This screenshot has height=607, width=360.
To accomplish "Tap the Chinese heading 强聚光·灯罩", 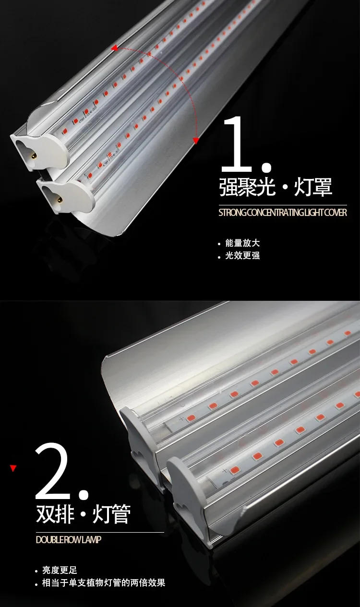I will (x=276, y=187).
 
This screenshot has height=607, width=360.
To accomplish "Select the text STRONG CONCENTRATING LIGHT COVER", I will (x=282, y=213).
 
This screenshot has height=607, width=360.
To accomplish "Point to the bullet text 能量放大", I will (x=242, y=243).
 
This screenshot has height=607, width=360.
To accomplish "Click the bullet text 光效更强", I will (x=242, y=256).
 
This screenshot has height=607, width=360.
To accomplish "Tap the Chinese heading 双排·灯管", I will (x=83, y=514).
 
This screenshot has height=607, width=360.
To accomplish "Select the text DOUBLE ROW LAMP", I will (x=69, y=540).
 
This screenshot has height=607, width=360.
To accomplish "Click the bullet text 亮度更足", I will (x=60, y=571).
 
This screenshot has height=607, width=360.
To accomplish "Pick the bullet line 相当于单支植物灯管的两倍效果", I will (x=104, y=583).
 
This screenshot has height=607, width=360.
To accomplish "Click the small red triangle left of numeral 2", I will (x=13, y=468).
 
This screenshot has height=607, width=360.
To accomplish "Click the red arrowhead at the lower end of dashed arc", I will (x=196, y=140).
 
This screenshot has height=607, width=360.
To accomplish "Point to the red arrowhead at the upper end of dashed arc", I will (x=114, y=48).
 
